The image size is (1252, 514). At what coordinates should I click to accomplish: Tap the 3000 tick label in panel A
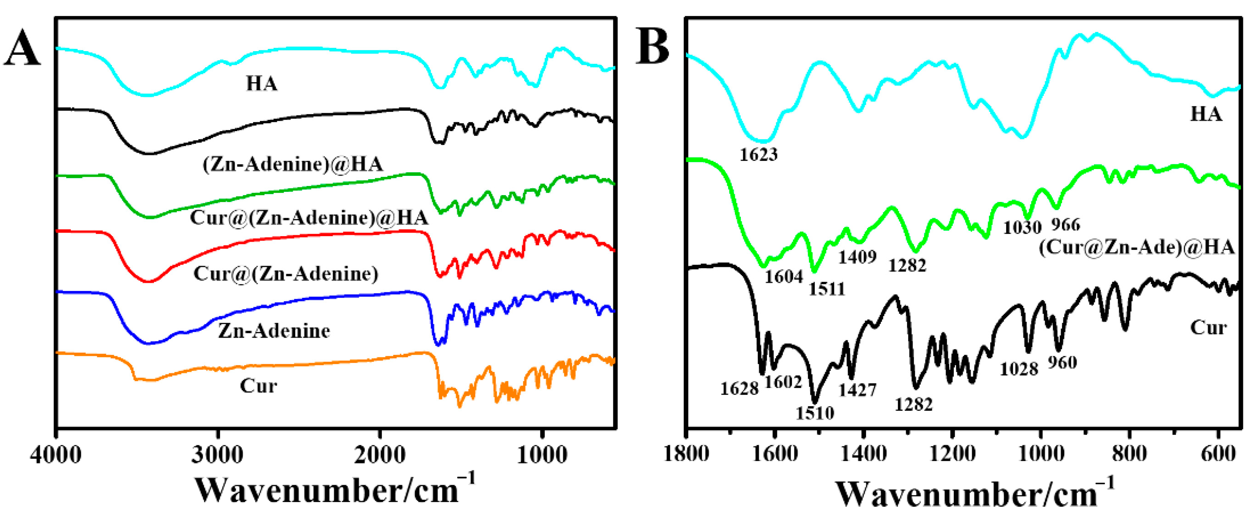pos(217,455)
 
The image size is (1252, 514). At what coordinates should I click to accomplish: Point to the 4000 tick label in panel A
pos(55,455)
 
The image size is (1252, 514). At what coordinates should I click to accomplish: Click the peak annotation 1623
pos(758,154)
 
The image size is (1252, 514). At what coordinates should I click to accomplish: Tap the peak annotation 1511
pos(827,289)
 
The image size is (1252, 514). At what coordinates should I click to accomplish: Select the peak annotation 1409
pos(857,257)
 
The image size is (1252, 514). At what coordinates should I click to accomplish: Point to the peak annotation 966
pos(1065,225)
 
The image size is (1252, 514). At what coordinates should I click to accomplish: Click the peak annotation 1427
pos(857,390)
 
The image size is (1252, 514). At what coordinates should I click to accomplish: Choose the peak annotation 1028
pos(1019,370)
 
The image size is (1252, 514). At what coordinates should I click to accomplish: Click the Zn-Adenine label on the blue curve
pos(274,331)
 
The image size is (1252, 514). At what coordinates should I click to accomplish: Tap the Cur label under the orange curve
pos(258,386)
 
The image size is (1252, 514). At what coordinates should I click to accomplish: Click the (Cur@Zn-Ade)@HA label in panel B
pos(1136,248)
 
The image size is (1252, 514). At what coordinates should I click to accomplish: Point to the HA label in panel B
pos(1206,114)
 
